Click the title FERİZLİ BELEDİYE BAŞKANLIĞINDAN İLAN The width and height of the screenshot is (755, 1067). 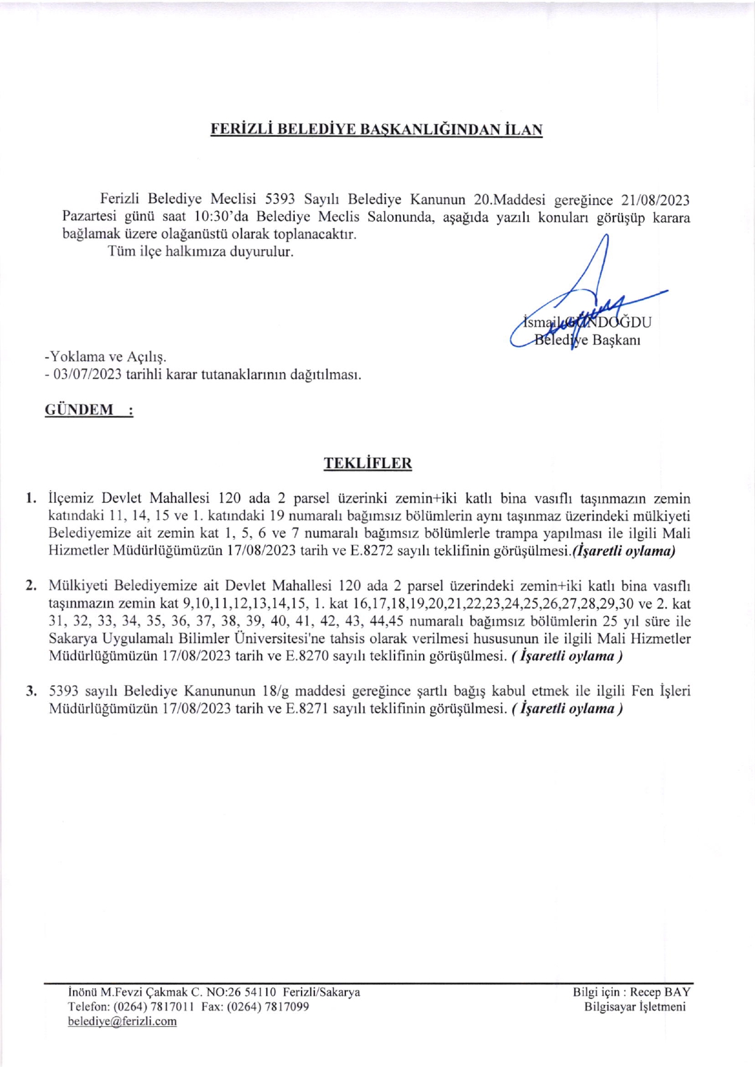click(376, 129)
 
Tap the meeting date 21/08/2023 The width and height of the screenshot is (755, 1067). click(655, 200)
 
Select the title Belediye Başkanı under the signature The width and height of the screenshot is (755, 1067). click(587, 340)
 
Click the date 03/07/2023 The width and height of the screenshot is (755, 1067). click(88, 375)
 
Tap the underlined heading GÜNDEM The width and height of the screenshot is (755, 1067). click(79, 410)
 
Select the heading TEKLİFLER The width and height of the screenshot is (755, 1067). click(368, 463)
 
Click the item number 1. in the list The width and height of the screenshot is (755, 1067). click(31, 499)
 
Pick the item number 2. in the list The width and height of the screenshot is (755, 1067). click(31, 587)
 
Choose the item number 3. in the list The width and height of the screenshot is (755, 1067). click(31, 691)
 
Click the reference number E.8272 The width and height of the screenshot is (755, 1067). click(371, 551)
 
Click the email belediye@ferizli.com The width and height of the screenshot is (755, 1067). click(122, 1021)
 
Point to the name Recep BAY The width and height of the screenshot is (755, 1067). click(660, 992)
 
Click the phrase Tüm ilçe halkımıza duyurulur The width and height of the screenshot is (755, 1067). click(201, 252)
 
